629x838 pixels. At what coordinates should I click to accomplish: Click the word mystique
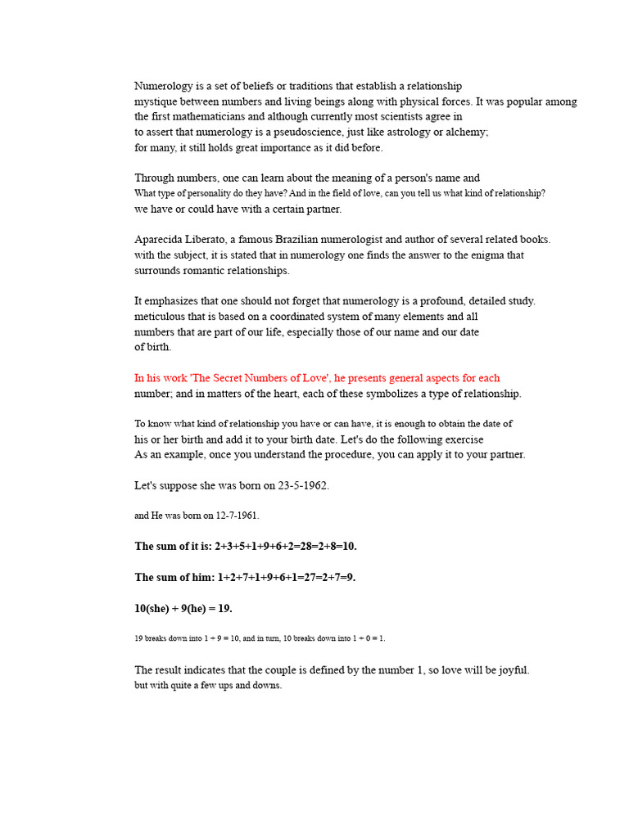[x=156, y=102]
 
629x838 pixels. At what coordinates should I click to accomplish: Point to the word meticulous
[x=160, y=317]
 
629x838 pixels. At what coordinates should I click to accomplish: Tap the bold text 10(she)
[x=154, y=608]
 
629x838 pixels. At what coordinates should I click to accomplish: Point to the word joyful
[x=512, y=670]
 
